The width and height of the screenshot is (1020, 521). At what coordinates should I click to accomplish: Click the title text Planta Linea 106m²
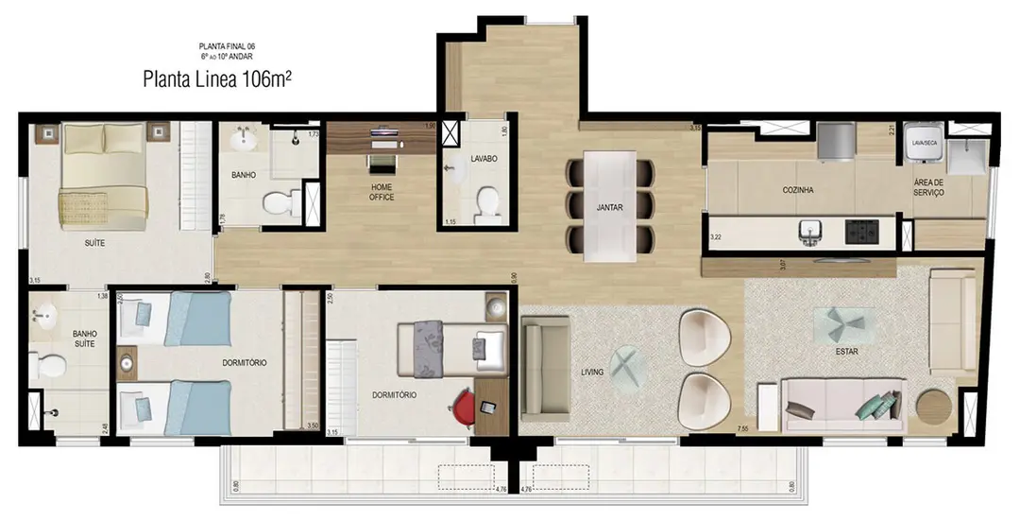[x=216, y=79]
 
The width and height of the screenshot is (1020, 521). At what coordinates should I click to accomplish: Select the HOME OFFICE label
[x=382, y=192]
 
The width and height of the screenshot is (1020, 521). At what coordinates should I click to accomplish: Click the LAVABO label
[x=484, y=158]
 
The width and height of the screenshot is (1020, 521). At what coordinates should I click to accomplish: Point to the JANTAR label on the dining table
[x=609, y=208]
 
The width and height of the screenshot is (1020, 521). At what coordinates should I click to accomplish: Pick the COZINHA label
[x=798, y=190]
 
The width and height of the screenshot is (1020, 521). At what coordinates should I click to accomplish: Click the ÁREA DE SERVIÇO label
[x=928, y=187]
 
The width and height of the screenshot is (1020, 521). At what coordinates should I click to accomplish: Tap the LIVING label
[x=592, y=372]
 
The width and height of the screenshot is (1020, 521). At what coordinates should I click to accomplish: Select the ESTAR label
[x=846, y=352]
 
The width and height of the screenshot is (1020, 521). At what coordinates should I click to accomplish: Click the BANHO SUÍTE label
[x=86, y=339]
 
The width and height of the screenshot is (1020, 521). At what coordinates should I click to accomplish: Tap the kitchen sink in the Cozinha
[x=808, y=230]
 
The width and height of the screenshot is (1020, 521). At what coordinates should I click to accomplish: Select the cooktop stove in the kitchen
[x=862, y=230]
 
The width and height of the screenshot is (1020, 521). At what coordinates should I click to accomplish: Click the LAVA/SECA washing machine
[x=922, y=147]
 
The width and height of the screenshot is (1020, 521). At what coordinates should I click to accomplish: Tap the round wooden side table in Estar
[x=934, y=408]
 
